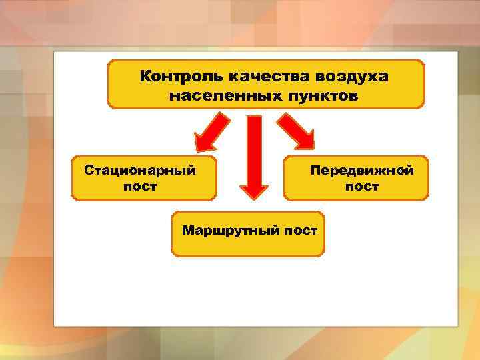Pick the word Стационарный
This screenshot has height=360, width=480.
pos(140,170)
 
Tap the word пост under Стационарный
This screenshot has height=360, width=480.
pos(140,187)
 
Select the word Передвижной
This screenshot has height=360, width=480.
pos(362,170)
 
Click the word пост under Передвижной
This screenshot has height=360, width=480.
pos(362,187)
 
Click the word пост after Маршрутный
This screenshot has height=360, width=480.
pos(299,231)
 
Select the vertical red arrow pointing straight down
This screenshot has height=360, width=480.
pos(254,153)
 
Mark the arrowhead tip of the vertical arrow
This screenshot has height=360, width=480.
pos(254,196)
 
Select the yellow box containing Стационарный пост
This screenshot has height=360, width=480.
pos(143,178)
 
